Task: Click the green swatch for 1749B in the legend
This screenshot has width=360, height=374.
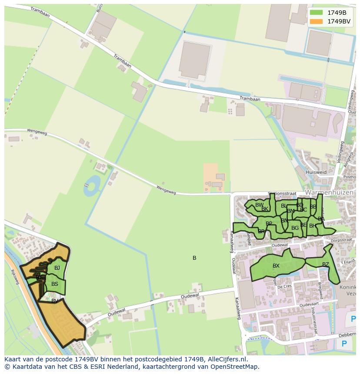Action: pos(317,13)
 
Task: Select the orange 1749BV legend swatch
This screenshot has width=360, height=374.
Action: pos(317,21)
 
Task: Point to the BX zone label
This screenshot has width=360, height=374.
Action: pos(276,266)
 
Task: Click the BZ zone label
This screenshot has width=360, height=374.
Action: pos(326,265)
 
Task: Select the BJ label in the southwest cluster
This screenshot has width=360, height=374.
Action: pos(57,268)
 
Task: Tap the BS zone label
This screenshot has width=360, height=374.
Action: pos(55,285)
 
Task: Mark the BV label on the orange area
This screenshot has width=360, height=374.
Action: pos(55,301)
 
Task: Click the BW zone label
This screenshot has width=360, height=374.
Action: pos(259,205)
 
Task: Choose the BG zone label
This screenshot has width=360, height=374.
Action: pos(295,228)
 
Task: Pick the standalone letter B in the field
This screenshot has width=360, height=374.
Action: pos(194,258)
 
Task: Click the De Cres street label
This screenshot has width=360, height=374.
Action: pos(284,287)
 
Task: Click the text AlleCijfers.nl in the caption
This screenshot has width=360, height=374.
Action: pos(226,360)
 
